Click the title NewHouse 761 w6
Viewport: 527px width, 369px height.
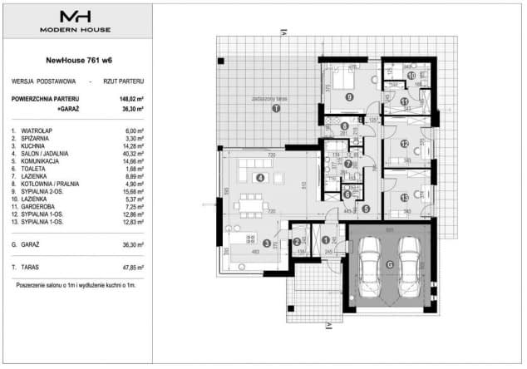tap(77, 59)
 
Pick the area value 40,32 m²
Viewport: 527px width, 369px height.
tap(133, 154)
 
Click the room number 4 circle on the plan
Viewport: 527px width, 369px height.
tap(260, 177)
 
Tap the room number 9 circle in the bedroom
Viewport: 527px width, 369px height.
tap(350, 96)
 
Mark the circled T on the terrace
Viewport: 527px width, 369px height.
tap(276, 108)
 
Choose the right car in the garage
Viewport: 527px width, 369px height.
tap(409, 260)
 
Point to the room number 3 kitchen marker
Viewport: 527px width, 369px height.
tap(266, 244)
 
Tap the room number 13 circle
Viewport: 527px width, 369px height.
tap(404, 197)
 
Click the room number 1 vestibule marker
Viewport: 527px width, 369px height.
tap(325, 240)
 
